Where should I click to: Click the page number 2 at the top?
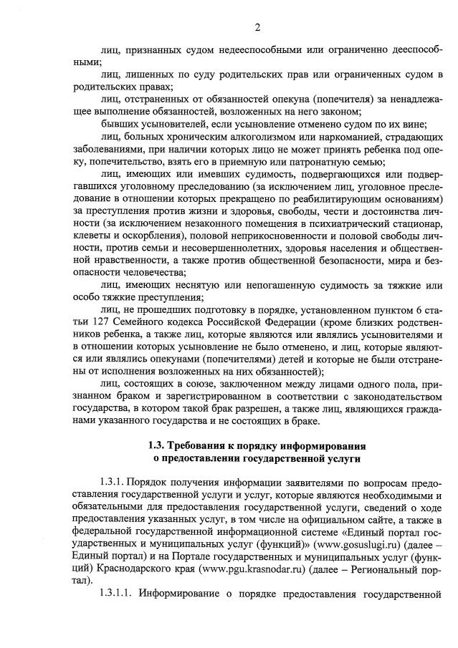257,28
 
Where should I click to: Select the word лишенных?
156,75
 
